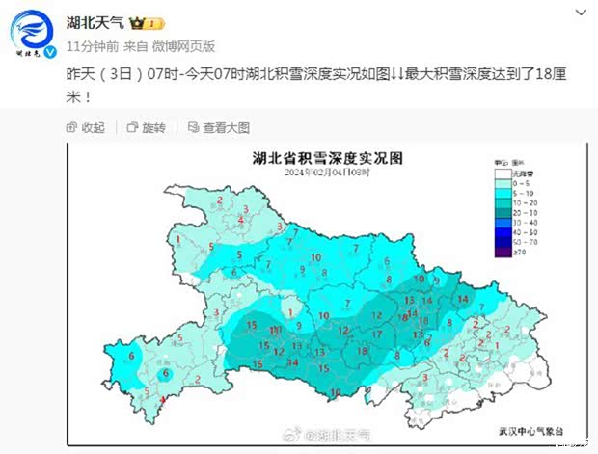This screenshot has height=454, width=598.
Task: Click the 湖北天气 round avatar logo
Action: pyautogui.click(x=28, y=32)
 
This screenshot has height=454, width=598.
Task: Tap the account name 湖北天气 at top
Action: pyautogui.click(x=93, y=21)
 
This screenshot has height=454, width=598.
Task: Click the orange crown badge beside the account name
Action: pyautogui.click(x=136, y=21)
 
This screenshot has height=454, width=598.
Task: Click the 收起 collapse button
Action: pyautogui.click(x=86, y=127)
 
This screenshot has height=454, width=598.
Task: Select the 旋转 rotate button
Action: pyautogui.click(x=147, y=127)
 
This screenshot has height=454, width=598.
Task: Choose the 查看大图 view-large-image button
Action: pyautogui.click(x=219, y=127)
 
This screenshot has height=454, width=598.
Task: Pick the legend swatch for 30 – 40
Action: pyautogui.click(x=504, y=222)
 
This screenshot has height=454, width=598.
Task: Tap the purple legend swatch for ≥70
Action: pyautogui.click(x=504, y=253)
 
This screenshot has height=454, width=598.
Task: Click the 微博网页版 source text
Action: pyautogui.click(x=183, y=45)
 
